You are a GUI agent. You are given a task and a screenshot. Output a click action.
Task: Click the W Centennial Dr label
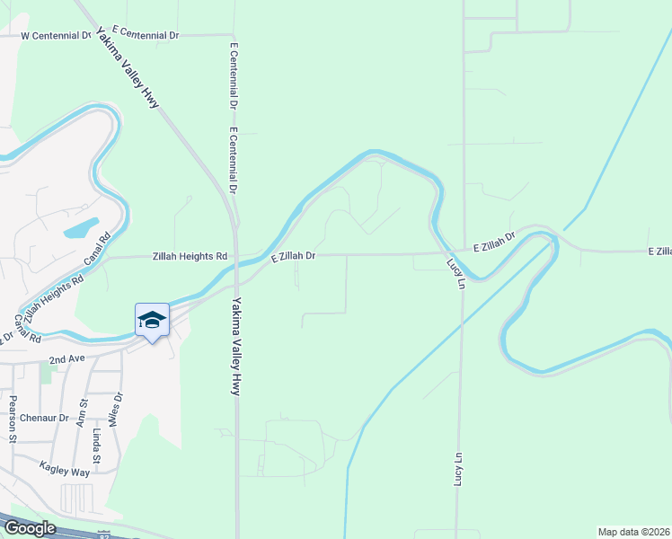coord(57,36)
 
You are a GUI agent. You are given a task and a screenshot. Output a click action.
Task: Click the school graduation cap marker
coord(152,321)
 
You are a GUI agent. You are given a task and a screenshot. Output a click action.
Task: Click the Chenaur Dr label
coord(45,418)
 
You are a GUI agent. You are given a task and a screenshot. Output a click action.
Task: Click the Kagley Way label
coord(65,468)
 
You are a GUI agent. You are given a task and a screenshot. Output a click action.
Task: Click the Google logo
coord(29,527)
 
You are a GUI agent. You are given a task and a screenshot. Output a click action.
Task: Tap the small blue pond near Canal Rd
coord(81,227)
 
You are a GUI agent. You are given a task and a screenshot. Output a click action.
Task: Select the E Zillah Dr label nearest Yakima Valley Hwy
coord(293,257)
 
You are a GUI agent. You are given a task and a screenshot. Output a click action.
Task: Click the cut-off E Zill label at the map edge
coord(659,252)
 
